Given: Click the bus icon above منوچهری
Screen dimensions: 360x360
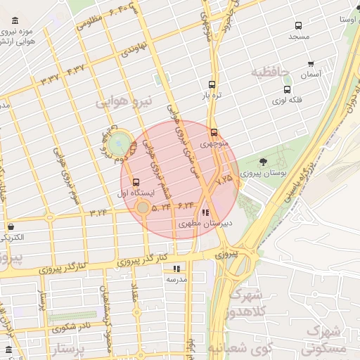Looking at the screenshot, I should coord(213,131).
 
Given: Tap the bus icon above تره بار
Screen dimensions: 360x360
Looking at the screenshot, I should coord(212,83).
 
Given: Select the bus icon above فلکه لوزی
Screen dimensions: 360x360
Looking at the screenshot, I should coord(287,89).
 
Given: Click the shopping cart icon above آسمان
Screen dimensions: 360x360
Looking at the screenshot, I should coord(309,63).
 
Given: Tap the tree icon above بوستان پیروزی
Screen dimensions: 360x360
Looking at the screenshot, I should coord(262,162).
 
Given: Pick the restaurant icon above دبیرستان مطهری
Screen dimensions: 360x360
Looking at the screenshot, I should coord(205,212).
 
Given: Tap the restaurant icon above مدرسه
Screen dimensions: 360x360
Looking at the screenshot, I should coord(176,268).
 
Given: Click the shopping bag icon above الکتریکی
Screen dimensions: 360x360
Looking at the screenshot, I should coord(11,226).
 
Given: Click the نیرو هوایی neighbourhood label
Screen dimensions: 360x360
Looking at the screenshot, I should coord(124,103).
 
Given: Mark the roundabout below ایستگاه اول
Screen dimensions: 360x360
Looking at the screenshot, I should coord(143,208).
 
